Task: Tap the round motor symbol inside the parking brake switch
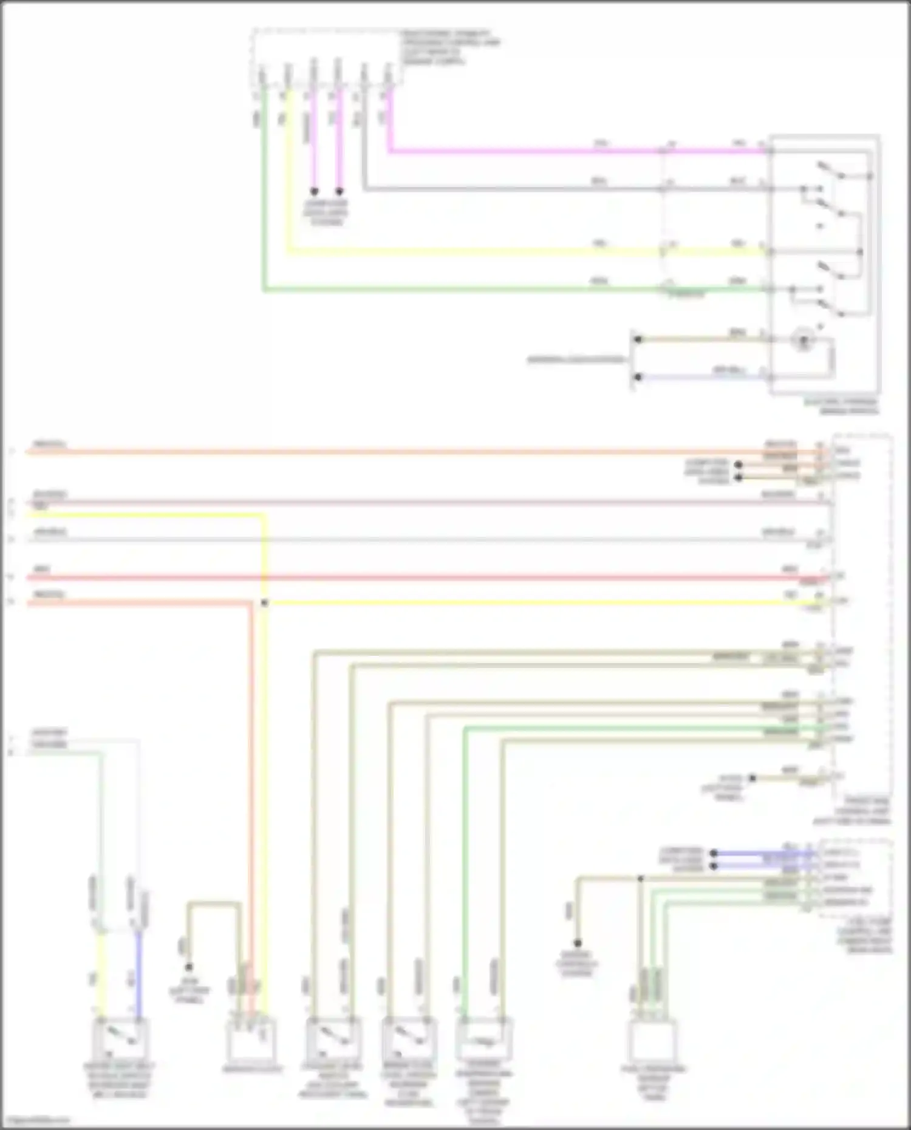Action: pos(804,340)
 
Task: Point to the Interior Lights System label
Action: pos(576,359)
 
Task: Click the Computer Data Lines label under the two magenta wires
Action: pos(326,213)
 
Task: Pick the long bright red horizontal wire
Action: pos(425,577)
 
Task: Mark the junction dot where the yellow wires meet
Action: pos(264,603)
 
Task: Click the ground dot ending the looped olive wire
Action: pos(189,967)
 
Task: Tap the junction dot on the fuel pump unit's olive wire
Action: pos(640,879)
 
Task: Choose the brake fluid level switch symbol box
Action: pos(408,1039)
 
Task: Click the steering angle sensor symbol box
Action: pos(484,1039)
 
